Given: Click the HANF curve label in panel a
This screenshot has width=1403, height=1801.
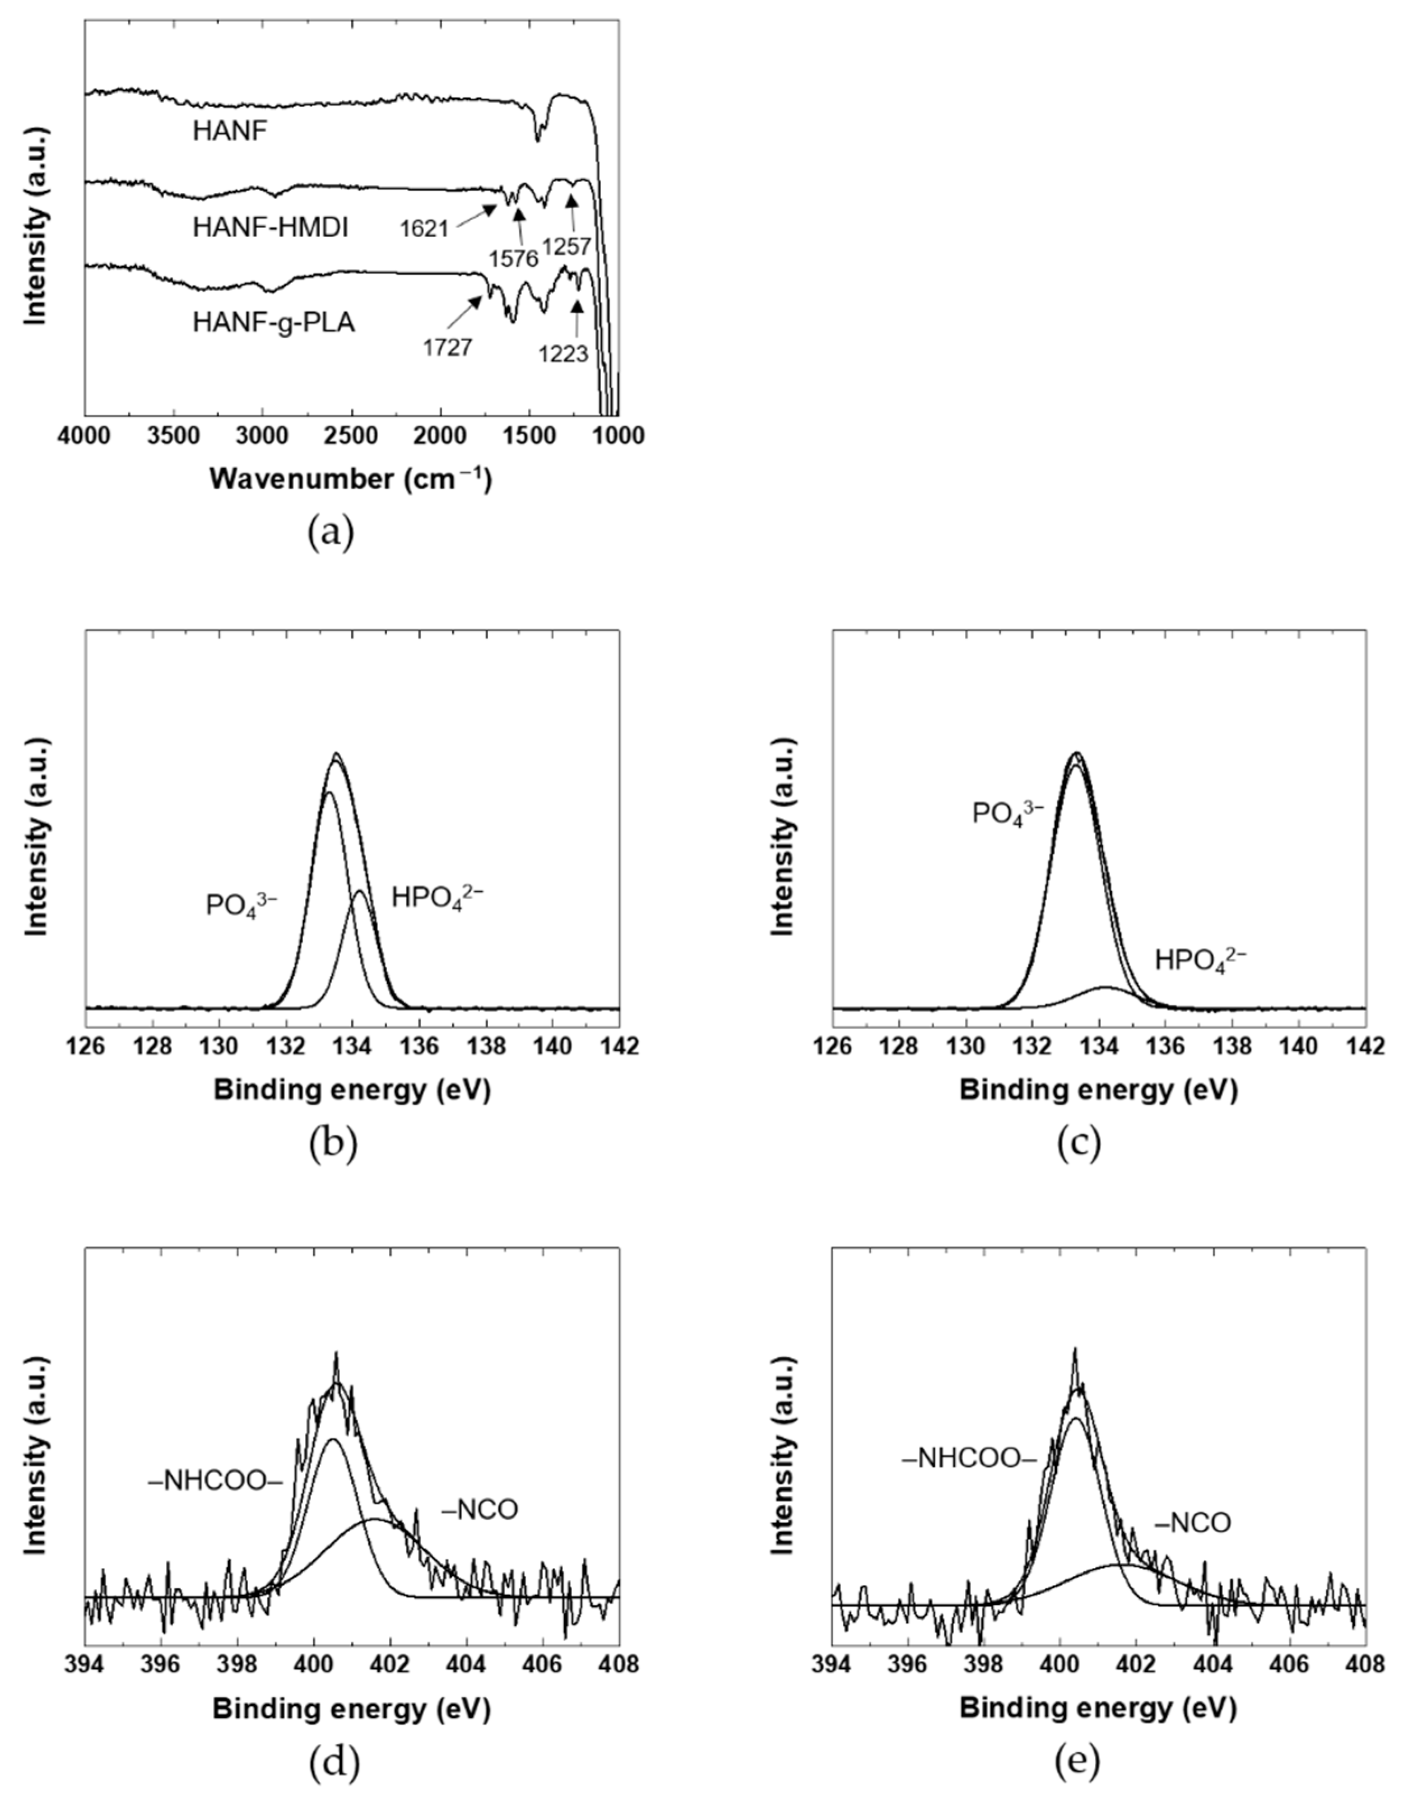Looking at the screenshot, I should (x=230, y=131).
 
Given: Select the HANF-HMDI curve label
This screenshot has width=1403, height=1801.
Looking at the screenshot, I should (x=271, y=227).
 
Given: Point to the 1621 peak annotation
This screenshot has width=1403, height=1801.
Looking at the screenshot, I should (x=424, y=229).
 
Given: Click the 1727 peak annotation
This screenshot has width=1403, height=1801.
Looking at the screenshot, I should (x=448, y=347).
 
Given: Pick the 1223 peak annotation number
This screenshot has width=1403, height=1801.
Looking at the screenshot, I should (x=563, y=354).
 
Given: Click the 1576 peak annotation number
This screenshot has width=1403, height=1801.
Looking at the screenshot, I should (x=513, y=259).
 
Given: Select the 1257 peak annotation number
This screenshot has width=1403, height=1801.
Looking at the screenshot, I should (x=566, y=246).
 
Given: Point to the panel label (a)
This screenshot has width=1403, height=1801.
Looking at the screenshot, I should (x=331, y=533).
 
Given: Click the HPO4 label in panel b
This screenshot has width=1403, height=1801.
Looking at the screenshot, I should (x=437, y=896).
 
